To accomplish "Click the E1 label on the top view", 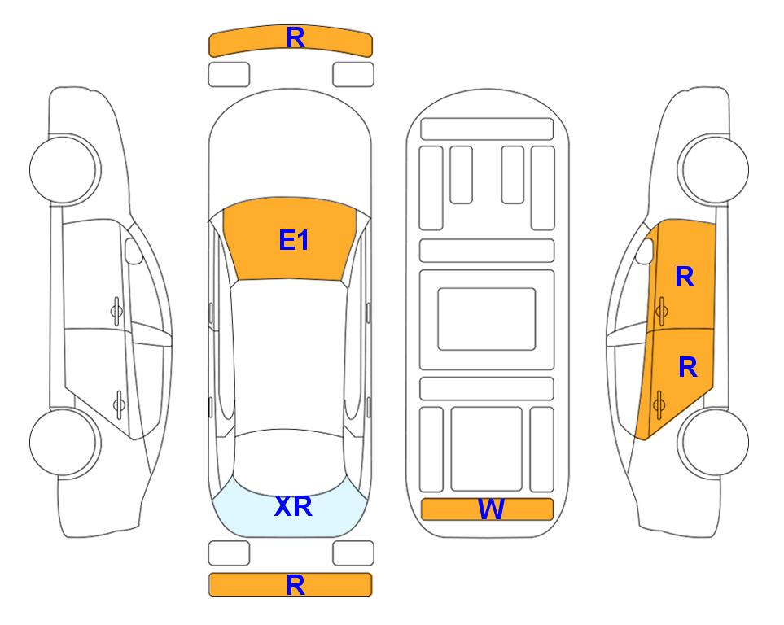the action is point(294,240).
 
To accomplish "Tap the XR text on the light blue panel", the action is point(294,506).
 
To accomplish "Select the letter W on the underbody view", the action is point(490,509).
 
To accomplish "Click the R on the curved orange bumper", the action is point(296,37).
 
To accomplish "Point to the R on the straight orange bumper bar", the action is point(296,585).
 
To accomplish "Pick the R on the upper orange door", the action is point(685,277).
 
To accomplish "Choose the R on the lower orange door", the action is point(687,368).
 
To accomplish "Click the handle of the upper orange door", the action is point(661,311).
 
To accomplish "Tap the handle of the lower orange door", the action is point(659,404).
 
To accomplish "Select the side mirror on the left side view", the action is point(133,251).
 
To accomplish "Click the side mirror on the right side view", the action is point(645,251).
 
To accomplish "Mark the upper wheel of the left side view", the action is point(64,169).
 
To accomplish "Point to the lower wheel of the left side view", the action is point(64,442).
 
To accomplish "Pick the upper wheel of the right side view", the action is point(713,169).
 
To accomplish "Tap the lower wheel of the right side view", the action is point(713,442).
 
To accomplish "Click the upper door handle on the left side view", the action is point(116,311).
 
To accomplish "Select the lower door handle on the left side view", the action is point(119,404).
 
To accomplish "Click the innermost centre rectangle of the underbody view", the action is point(487,319).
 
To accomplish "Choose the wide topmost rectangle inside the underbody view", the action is point(487,129).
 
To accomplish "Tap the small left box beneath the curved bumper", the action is point(229,75).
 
